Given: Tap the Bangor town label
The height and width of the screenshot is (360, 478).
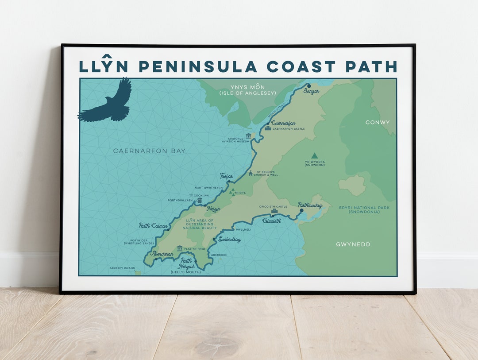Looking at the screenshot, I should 312,91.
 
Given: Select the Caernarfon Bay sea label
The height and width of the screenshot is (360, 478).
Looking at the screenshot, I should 149,151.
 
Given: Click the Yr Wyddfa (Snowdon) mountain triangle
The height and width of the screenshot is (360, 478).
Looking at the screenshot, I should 314,155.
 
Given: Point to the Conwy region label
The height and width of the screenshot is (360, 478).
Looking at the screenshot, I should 378,122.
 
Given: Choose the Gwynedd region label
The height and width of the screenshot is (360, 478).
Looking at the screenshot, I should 353,244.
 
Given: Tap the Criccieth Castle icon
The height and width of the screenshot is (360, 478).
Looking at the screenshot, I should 274,212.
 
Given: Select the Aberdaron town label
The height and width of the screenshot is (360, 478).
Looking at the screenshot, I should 162,254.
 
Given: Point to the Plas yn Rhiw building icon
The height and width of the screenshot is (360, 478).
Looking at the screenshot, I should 180,248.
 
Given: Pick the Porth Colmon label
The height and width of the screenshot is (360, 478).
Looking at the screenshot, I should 153,226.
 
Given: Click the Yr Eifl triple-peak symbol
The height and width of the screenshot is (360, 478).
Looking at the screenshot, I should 231,192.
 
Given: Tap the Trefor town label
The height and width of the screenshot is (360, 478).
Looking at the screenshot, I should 226,176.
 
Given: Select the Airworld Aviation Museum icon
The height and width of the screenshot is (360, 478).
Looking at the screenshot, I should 248,136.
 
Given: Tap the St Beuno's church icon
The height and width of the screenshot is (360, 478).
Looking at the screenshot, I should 251,173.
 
